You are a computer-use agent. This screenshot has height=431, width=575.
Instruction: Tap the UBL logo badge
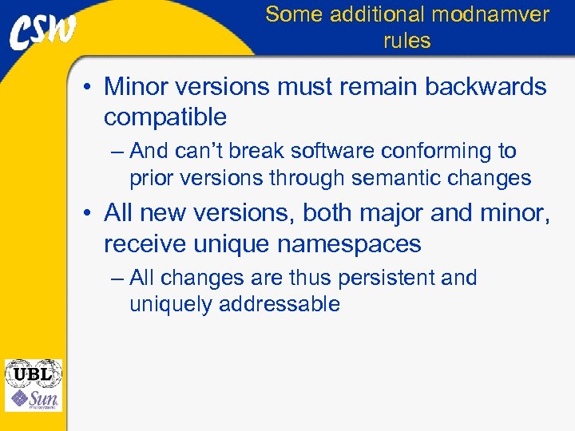pos(33,373)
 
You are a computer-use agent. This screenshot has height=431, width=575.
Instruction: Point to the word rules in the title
pos(406,41)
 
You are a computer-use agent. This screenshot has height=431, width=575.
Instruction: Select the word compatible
pos(165,117)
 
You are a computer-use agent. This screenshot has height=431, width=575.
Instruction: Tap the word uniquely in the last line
pos(167,304)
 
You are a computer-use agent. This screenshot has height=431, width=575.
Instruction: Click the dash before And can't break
pos(118,152)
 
